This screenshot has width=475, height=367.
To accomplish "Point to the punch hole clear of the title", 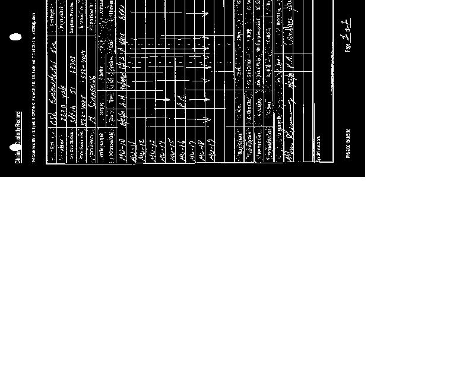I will click(15, 37).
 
